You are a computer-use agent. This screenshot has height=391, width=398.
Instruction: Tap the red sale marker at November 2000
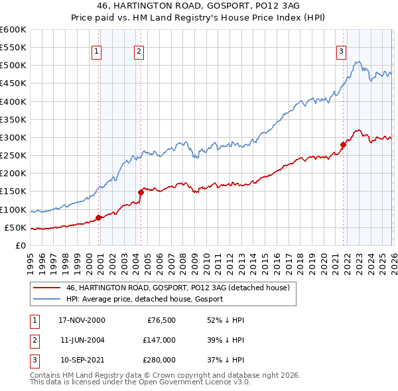99,217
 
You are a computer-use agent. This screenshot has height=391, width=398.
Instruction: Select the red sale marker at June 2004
141,192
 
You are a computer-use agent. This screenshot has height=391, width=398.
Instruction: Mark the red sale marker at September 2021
343,144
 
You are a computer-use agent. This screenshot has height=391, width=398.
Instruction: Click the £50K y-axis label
15,227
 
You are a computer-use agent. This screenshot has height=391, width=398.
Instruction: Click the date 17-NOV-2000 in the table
82,320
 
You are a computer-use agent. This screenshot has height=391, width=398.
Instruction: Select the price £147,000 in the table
159,340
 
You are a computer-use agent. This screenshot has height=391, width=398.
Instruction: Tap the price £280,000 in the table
159,360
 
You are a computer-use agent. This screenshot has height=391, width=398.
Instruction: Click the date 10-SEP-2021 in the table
82,360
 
